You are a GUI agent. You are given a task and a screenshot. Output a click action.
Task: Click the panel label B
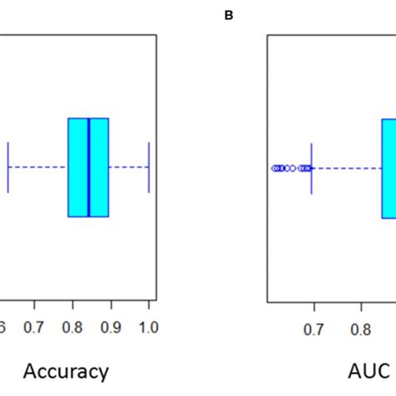(x=228, y=13)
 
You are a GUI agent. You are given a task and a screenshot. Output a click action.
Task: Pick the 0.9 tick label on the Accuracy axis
(x=110, y=326)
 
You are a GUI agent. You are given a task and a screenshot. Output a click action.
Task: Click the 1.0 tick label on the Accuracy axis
(x=148, y=326)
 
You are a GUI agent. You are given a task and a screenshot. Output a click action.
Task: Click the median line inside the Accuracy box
(x=89, y=167)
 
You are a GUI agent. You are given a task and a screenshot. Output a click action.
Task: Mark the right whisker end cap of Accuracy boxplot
(x=149, y=167)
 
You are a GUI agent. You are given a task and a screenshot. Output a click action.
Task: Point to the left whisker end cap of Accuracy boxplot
(x=8, y=167)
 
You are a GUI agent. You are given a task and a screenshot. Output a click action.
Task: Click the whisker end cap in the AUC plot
(x=312, y=167)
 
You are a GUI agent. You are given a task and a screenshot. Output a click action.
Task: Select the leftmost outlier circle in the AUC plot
(x=274, y=168)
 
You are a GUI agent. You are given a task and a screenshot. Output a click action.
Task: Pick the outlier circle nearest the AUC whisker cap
(x=308, y=168)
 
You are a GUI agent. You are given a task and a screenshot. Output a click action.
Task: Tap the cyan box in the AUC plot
(x=388, y=167)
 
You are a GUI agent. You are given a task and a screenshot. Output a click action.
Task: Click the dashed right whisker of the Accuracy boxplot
(x=129, y=167)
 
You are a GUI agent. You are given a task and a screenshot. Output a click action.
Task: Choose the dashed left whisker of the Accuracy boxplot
(x=38, y=167)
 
